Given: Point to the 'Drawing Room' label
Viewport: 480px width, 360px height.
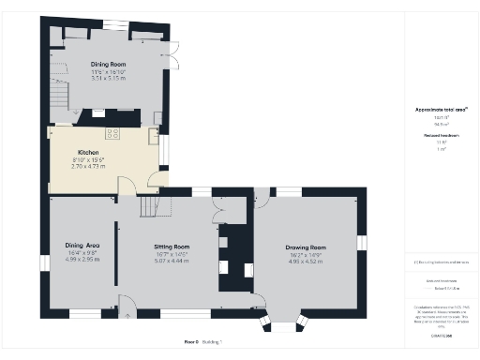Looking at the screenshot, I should tap(305, 247).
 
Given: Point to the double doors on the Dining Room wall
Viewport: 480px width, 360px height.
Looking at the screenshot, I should tap(174, 54).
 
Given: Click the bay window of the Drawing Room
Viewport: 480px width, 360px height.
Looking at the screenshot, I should tap(282, 324).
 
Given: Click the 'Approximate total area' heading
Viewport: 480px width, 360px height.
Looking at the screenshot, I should tap(440, 110).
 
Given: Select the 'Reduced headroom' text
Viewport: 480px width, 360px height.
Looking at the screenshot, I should tap(440, 137).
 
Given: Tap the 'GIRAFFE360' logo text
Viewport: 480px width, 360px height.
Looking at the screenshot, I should tap(441, 334).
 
